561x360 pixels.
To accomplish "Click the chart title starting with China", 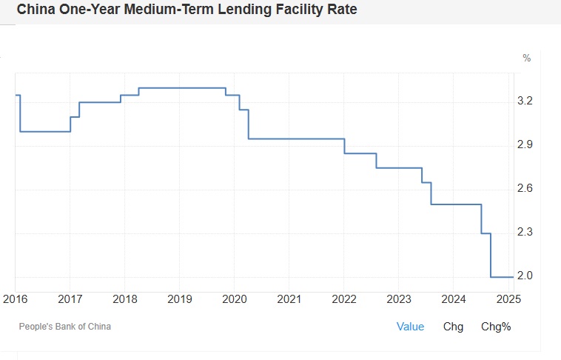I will pyautogui.click(x=187, y=11).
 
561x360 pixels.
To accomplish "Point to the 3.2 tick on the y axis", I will pyautogui.click(x=525, y=101).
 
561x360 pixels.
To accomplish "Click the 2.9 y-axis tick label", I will pyautogui.click(x=525, y=144).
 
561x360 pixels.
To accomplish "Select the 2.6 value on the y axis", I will pyautogui.click(x=525, y=189).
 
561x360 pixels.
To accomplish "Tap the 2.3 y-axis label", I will pyautogui.click(x=525, y=233).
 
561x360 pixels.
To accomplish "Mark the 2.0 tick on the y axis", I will pyautogui.click(x=525, y=276).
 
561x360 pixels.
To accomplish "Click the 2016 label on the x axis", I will pyautogui.click(x=15, y=299).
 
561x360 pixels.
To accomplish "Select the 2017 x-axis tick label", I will pyautogui.click(x=70, y=299).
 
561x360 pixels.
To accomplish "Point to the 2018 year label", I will pyautogui.click(x=124, y=299).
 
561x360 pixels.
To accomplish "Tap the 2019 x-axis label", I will pyautogui.click(x=180, y=299).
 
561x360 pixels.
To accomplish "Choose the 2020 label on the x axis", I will pyautogui.click(x=235, y=299).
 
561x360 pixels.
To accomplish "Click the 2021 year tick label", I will pyautogui.click(x=289, y=299).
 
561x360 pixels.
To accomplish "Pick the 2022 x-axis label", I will pyautogui.click(x=344, y=299).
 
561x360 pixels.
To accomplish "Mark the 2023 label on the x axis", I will pyautogui.click(x=399, y=299).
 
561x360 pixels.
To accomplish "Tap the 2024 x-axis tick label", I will pyautogui.click(x=454, y=299).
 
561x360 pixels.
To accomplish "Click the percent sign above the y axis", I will pyautogui.click(x=526, y=58).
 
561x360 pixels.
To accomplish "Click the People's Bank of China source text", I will pyautogui.click(x=65, y=326).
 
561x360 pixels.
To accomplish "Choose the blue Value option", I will pyautogui.click(x=410, y=326).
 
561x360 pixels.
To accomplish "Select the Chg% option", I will pyautogui.click(x=496, y=326).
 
